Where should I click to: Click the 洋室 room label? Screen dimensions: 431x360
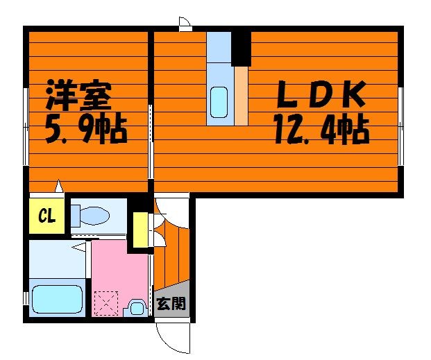79,94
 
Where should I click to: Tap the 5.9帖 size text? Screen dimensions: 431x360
86,130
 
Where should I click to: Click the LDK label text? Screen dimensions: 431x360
321,94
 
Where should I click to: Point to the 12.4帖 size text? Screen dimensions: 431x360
321,130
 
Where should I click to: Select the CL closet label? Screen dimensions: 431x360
47,216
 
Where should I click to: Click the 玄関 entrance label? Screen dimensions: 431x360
171,303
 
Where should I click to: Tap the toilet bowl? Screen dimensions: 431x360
91,216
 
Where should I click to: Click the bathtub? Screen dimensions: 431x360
57,299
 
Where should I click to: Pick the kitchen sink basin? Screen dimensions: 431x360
219,102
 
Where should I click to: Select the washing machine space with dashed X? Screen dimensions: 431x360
106,303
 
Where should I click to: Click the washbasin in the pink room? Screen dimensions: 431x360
135,308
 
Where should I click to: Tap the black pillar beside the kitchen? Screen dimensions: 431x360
241,49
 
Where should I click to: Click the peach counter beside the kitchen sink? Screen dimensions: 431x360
242,96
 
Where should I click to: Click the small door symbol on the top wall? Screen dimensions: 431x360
185,24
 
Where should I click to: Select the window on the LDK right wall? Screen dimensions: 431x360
400,126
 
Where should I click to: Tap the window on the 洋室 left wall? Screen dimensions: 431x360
26,126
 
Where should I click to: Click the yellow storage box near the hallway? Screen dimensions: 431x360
140,230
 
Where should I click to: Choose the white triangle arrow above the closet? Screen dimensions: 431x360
59,186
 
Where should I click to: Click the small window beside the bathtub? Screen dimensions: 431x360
26,298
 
